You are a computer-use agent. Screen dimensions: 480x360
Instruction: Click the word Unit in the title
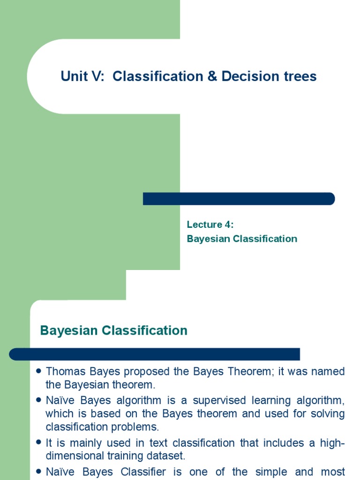[x=74, y=76]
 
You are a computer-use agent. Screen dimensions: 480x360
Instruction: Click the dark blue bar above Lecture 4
[x=239, y=199]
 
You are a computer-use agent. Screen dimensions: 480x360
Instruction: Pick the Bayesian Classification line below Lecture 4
[x=242, y=239]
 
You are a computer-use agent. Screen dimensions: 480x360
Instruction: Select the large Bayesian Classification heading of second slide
[x=114, y=330]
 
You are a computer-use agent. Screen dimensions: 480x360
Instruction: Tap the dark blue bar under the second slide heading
[x=155, y=354]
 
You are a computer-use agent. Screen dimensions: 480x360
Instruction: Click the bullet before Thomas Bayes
[x=39, y=372]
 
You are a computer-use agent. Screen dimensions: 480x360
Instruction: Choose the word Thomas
[x=64, y=372]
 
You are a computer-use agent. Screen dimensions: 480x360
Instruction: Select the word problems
[x=140, y=427]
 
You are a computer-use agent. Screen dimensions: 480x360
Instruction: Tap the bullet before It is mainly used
[x=39, y=442]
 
